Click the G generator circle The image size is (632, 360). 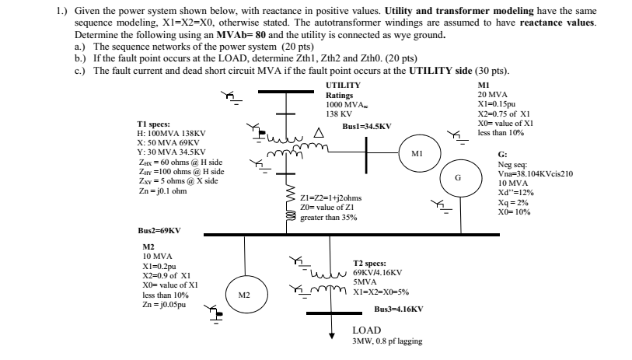(458, 178)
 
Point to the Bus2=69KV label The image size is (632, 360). (159, 231)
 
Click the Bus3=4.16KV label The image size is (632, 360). (399, 309)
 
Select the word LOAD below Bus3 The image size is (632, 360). (366, 330)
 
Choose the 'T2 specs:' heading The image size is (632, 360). (370, 264)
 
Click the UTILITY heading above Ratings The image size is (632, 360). (343, 85)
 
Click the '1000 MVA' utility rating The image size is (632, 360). (345, 103)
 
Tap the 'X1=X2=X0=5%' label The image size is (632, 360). (382, 292)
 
